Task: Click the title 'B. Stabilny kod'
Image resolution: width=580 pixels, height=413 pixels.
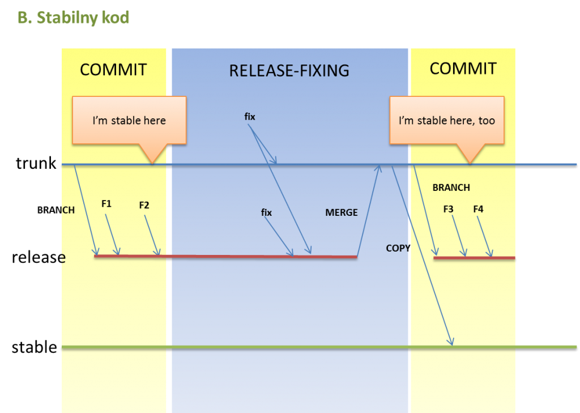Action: (73, 18)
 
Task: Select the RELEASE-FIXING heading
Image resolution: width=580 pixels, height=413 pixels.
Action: (289, 71)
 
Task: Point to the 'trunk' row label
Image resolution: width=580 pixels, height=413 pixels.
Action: (36, 163)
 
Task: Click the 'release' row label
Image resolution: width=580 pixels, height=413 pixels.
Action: (39, 257)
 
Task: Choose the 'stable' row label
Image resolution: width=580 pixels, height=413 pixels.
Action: (35, 347)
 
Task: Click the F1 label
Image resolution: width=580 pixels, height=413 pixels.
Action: (106, 203)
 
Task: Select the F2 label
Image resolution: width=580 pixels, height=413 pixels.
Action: (144, 205)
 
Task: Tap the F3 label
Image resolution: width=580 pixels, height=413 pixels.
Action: (449, 209)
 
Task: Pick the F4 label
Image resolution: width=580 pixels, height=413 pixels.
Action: (478, 209)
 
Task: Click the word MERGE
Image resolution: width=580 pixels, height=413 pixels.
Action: (342, 212)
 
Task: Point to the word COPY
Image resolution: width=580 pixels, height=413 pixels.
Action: (398, 248)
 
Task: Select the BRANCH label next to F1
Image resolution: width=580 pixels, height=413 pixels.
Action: (56, 210)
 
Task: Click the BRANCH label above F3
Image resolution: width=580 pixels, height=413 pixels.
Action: (451, 188)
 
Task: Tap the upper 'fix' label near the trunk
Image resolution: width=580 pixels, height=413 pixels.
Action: (250, 117)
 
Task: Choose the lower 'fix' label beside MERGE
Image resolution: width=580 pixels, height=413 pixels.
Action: (266, 212)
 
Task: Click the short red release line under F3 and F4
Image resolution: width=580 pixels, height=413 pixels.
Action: (474, 258)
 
